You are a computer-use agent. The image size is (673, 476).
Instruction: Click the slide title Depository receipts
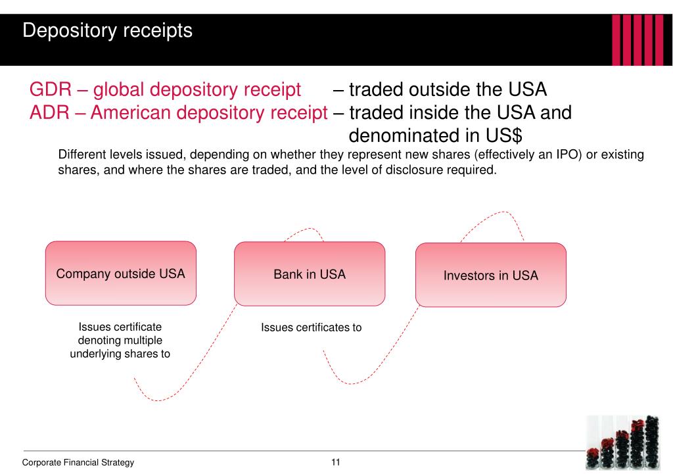point(107,31)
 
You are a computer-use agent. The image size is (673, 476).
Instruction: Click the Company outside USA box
point(120,274)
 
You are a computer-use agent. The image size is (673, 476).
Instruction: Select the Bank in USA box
point(310,274)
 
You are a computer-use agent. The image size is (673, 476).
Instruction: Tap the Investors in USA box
point(490,275)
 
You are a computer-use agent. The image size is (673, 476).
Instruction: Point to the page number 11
point(336,462)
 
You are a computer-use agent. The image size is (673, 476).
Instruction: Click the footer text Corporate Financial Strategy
point(78,462)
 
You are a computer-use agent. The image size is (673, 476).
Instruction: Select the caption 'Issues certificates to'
point(311,327)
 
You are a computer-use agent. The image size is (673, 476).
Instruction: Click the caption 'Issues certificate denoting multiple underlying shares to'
point(120,341)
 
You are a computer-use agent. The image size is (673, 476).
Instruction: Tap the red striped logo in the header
point(637,39)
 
